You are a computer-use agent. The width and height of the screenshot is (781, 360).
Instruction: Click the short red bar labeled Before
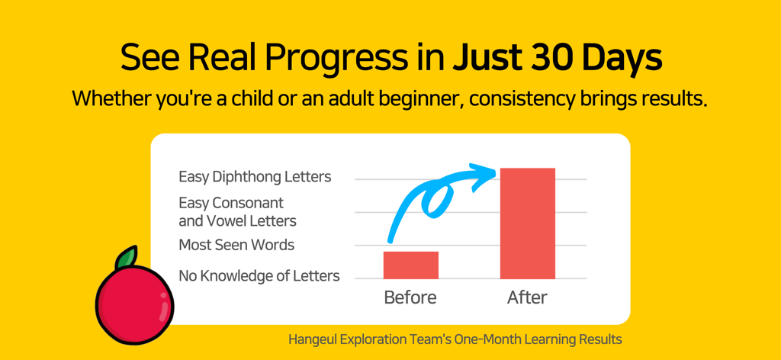(410, 265)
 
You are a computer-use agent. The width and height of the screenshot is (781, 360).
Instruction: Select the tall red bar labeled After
(527, 223)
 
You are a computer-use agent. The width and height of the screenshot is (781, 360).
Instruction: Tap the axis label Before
(410, 297)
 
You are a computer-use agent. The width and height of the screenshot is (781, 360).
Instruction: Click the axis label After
(527, 297)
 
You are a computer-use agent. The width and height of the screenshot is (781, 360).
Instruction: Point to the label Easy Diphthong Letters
(255, 177)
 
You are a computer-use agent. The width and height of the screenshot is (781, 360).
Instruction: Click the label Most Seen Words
(236, 245)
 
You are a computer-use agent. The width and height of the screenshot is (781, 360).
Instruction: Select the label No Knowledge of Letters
(259, 276)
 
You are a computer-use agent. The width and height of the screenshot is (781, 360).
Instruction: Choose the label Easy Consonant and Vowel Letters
(237, 212)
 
